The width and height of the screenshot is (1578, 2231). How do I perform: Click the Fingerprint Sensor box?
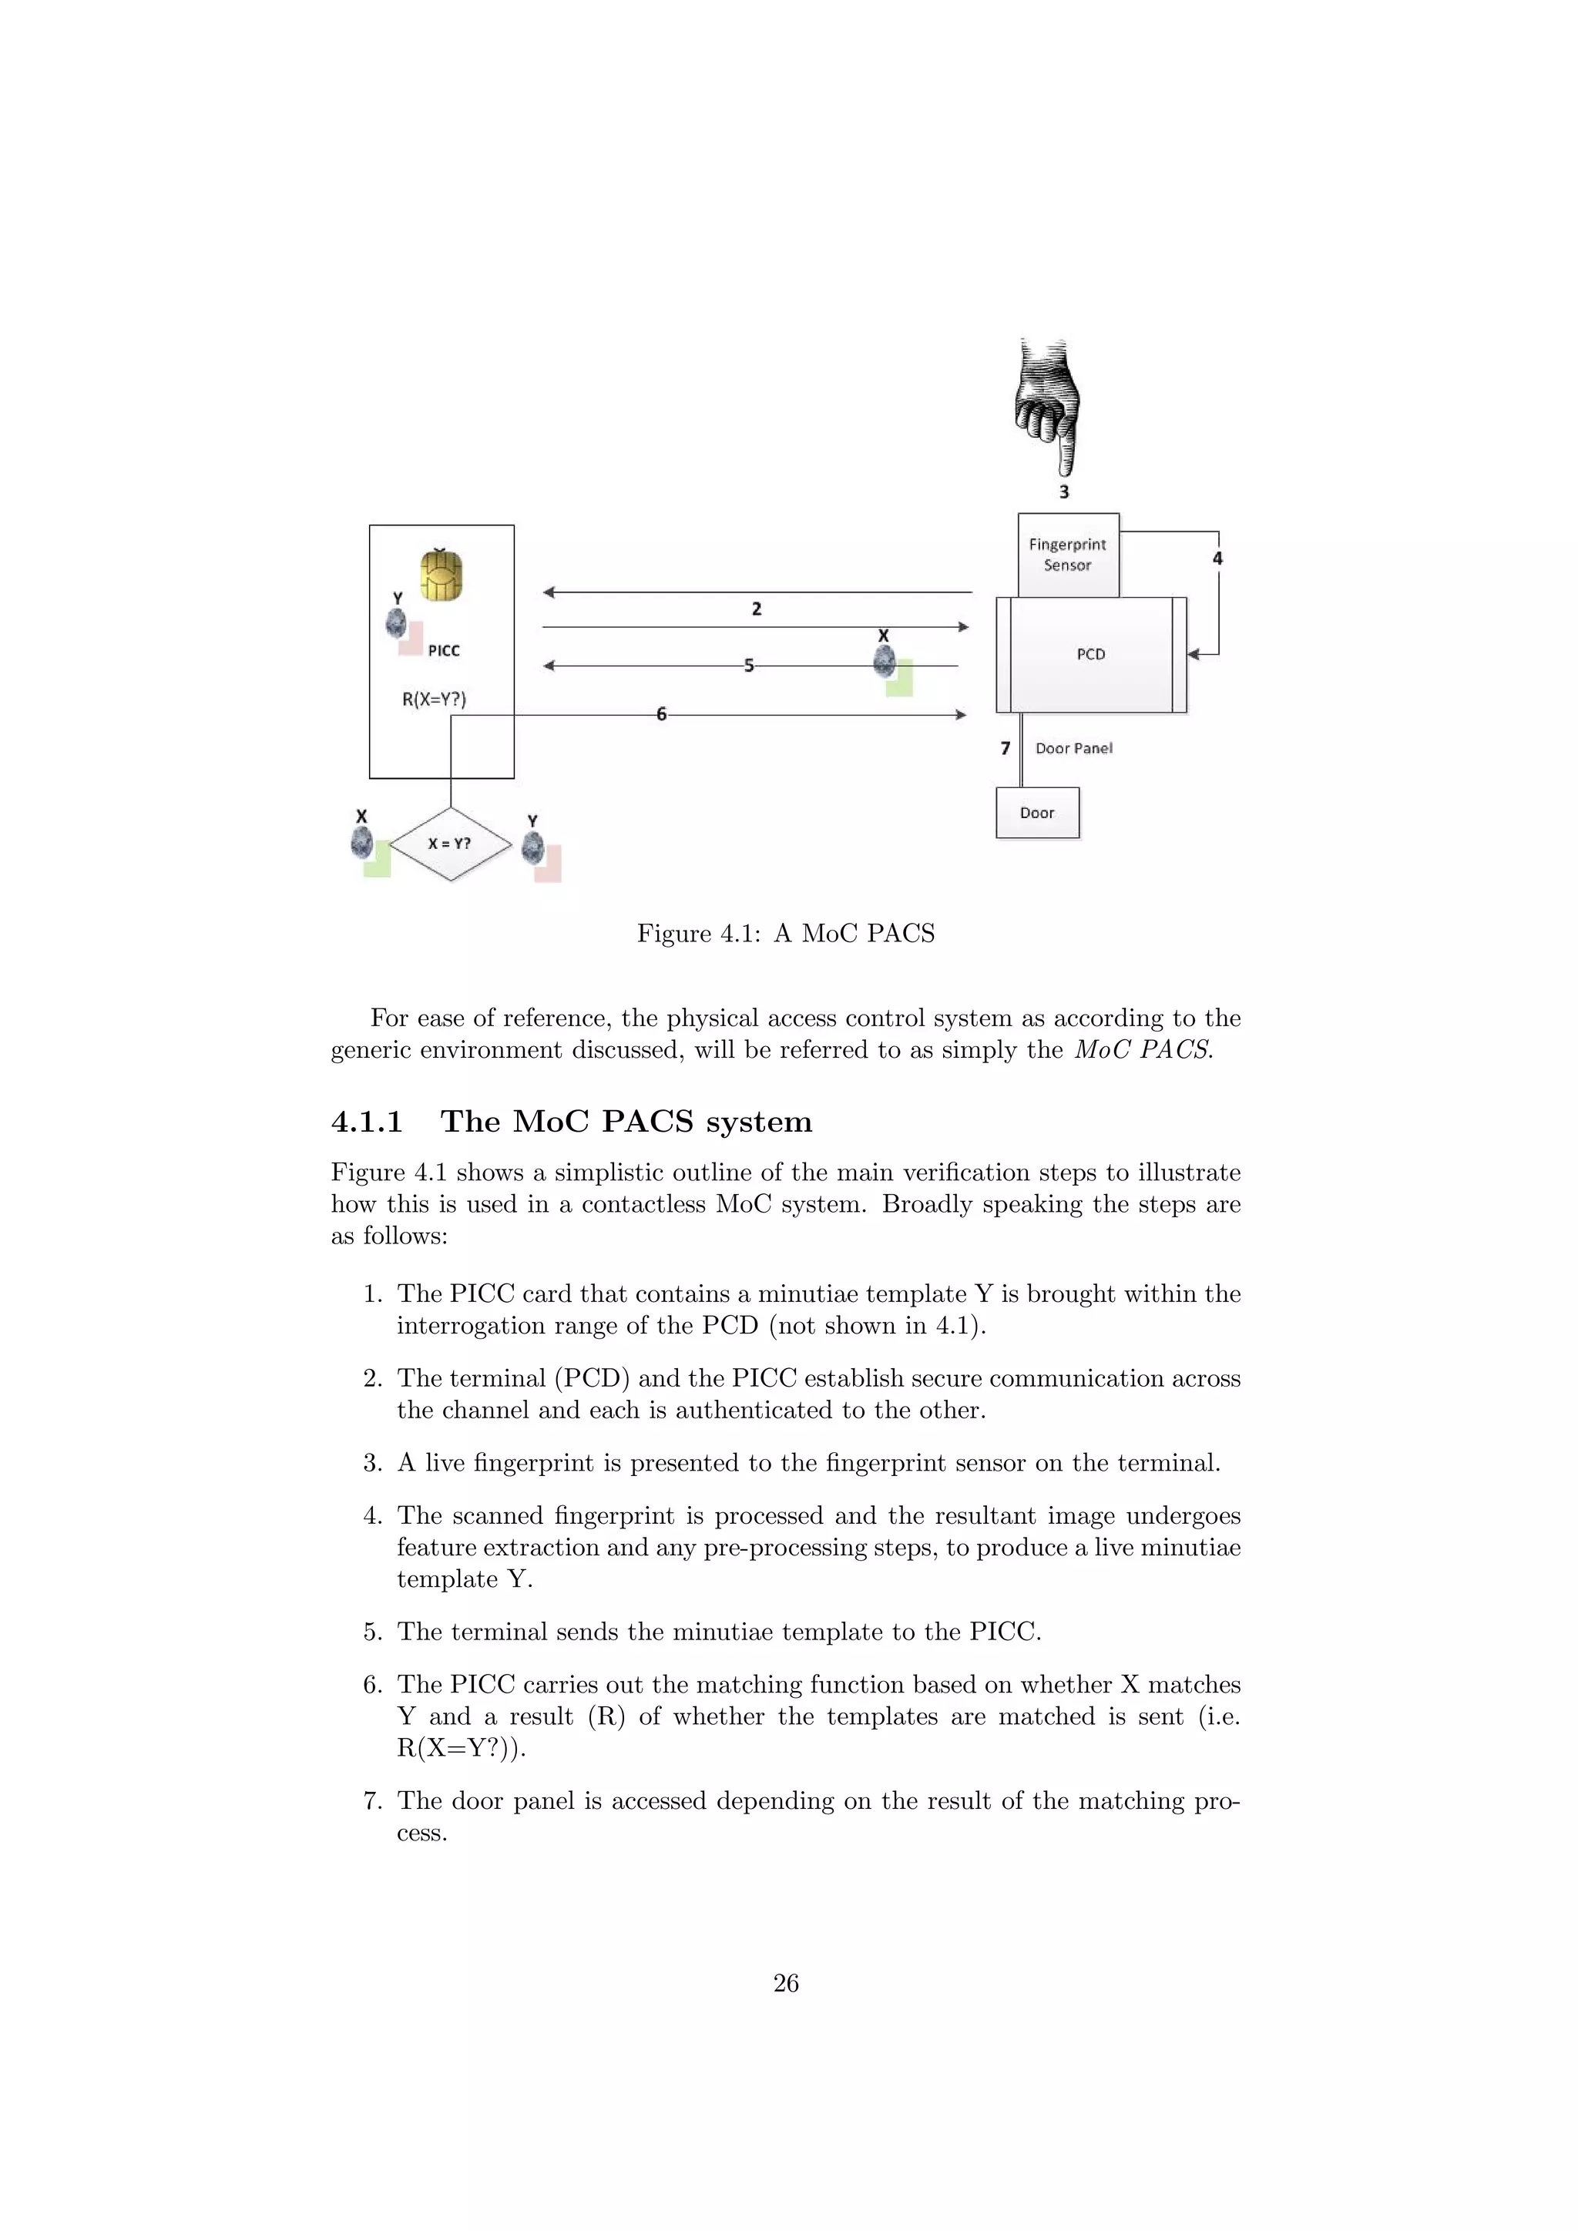coord(1068,555)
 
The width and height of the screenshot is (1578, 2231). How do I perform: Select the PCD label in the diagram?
coord(1090,654)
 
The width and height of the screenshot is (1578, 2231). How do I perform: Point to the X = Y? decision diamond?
coord(450,844)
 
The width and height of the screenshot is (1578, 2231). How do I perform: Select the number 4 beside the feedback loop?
coord(1217,559)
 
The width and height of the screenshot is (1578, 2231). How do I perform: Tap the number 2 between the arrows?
coord(756,609)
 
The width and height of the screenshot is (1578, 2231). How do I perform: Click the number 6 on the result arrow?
coord(661,714)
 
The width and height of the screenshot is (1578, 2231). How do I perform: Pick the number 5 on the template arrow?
coord(748,666)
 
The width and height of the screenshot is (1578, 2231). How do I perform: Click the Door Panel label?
coord(1073,748)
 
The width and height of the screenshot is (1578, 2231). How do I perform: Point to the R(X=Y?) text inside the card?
coord(433,699)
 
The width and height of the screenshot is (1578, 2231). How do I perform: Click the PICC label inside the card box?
coord(443,651)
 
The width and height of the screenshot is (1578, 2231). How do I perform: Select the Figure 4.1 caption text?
coord(785,934)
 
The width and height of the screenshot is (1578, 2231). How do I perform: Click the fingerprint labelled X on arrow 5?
coord(885,662)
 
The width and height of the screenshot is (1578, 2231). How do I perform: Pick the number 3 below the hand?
coord(1063,491)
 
